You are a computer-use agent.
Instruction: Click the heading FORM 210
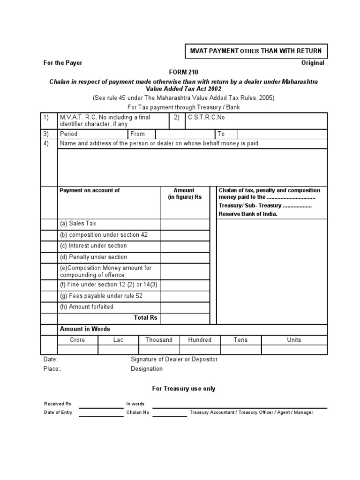coord(180,72)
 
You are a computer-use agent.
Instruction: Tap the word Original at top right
coord(312,63)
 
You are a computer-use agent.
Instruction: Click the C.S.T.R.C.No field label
coord(206,117)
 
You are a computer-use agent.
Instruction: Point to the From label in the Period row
coord(138,134)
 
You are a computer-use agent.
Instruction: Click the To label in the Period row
coord(221,134)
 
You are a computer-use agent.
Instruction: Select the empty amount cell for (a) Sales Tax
coord(185,224)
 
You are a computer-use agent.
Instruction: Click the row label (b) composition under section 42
coord(103,235)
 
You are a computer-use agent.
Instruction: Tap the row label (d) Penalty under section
coord(93,257)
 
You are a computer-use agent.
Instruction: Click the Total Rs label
coord(145,317)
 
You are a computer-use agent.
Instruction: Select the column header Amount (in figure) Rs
coord(185,194)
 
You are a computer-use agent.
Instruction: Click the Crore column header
coord(77,340)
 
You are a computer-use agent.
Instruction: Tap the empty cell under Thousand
coord(159,350)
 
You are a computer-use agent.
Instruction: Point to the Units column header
coord(294,340)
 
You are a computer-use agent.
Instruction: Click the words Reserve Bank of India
coord(248,214)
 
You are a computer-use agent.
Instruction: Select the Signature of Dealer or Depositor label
coord(174,360)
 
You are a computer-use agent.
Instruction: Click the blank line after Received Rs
coord(101,404)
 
